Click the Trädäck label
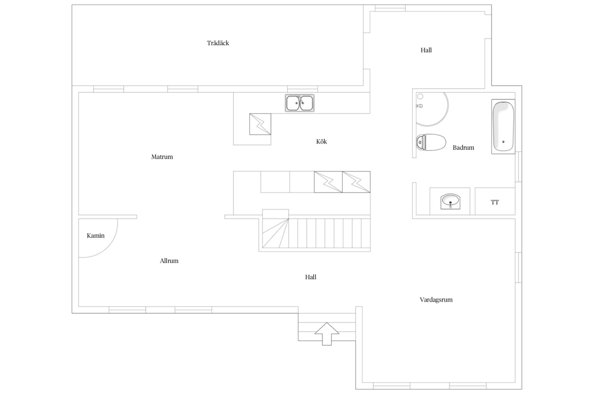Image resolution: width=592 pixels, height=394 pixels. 218,43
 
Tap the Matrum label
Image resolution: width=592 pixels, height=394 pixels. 162,157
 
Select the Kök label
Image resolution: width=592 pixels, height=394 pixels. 321,142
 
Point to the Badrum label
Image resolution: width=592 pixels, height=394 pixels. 463,148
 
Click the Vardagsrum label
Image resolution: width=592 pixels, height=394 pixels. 436,300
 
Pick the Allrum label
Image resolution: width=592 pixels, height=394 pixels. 169,261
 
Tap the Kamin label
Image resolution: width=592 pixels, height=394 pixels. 96,236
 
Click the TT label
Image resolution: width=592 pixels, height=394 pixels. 495,202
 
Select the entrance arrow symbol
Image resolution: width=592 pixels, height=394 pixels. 327,334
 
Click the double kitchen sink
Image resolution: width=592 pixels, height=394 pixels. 299,103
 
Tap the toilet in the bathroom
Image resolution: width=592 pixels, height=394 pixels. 431,142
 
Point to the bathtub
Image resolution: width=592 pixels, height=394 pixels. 503,126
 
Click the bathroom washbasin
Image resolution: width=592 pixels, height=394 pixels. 450,201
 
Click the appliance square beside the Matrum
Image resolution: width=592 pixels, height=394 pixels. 260,124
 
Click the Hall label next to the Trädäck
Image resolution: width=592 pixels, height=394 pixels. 426,50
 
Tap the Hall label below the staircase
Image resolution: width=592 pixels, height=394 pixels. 311,277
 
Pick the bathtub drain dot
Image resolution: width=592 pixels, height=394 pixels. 503,142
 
